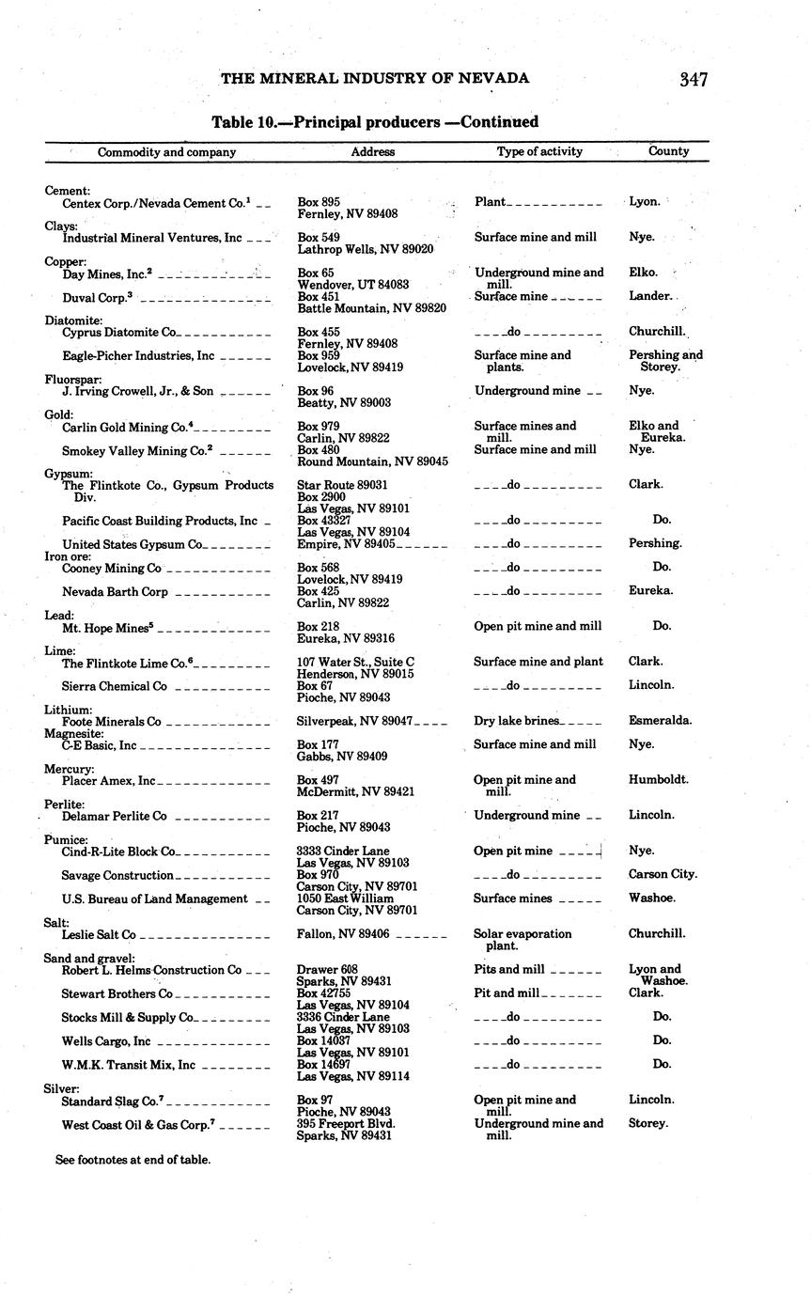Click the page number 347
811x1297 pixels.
point(693,80)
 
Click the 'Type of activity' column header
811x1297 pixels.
point(539,151)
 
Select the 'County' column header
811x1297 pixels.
point(668,151)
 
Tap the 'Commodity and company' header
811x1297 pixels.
point(166,152)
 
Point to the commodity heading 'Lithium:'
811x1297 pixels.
point(68,710)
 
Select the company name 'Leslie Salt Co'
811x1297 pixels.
point(99,935)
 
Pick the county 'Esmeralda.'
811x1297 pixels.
point(660,721)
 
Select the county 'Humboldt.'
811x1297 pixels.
point(658,780)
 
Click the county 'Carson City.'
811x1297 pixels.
point(662,874)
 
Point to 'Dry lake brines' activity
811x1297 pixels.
point(517,721)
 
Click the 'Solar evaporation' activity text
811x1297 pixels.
point(522,934)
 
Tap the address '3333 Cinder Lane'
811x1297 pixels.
point(342,852)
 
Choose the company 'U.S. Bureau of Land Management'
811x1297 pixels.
point(155,899)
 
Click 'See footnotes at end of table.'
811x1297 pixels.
point(133,1160)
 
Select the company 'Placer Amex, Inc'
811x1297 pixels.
point(108,781)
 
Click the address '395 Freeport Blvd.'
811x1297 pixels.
point(346,1123)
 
